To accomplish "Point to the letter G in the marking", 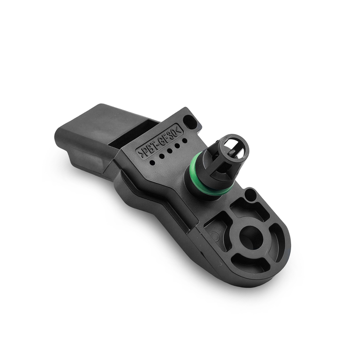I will click(161, 137).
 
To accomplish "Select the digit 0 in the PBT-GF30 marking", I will click(173, 129).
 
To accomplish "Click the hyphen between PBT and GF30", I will click(157, 140).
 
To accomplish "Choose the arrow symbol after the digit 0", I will click(177, 126).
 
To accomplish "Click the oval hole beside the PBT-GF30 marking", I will click(190, 122).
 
